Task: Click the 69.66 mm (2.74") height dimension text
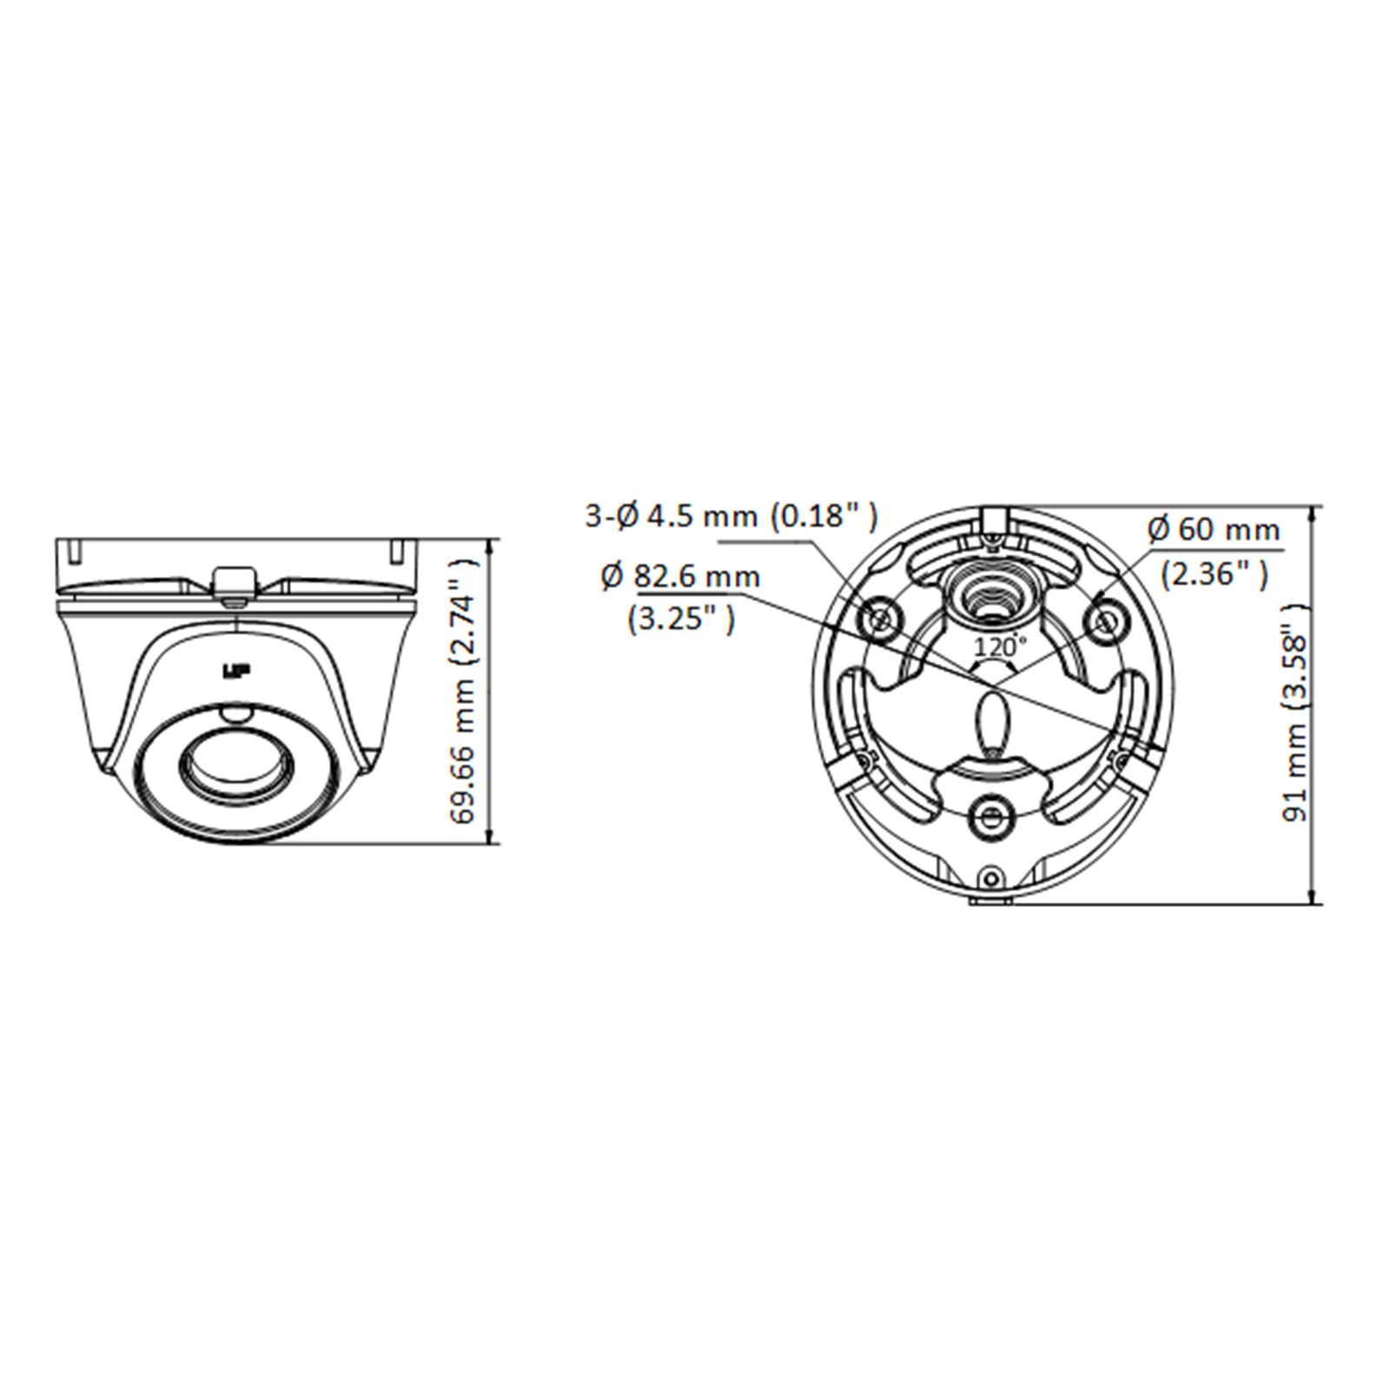[x=464, y=691]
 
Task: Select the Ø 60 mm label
[x=1214, y=529]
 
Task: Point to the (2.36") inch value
[x=1215, y=573]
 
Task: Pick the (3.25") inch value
[x=680, y=619]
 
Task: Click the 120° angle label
[x=999, y=646]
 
